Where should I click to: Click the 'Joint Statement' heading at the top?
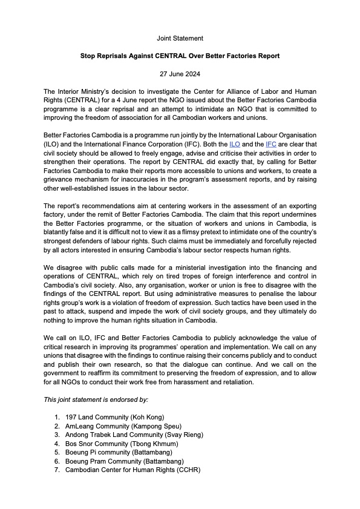(x=180, y=38)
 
